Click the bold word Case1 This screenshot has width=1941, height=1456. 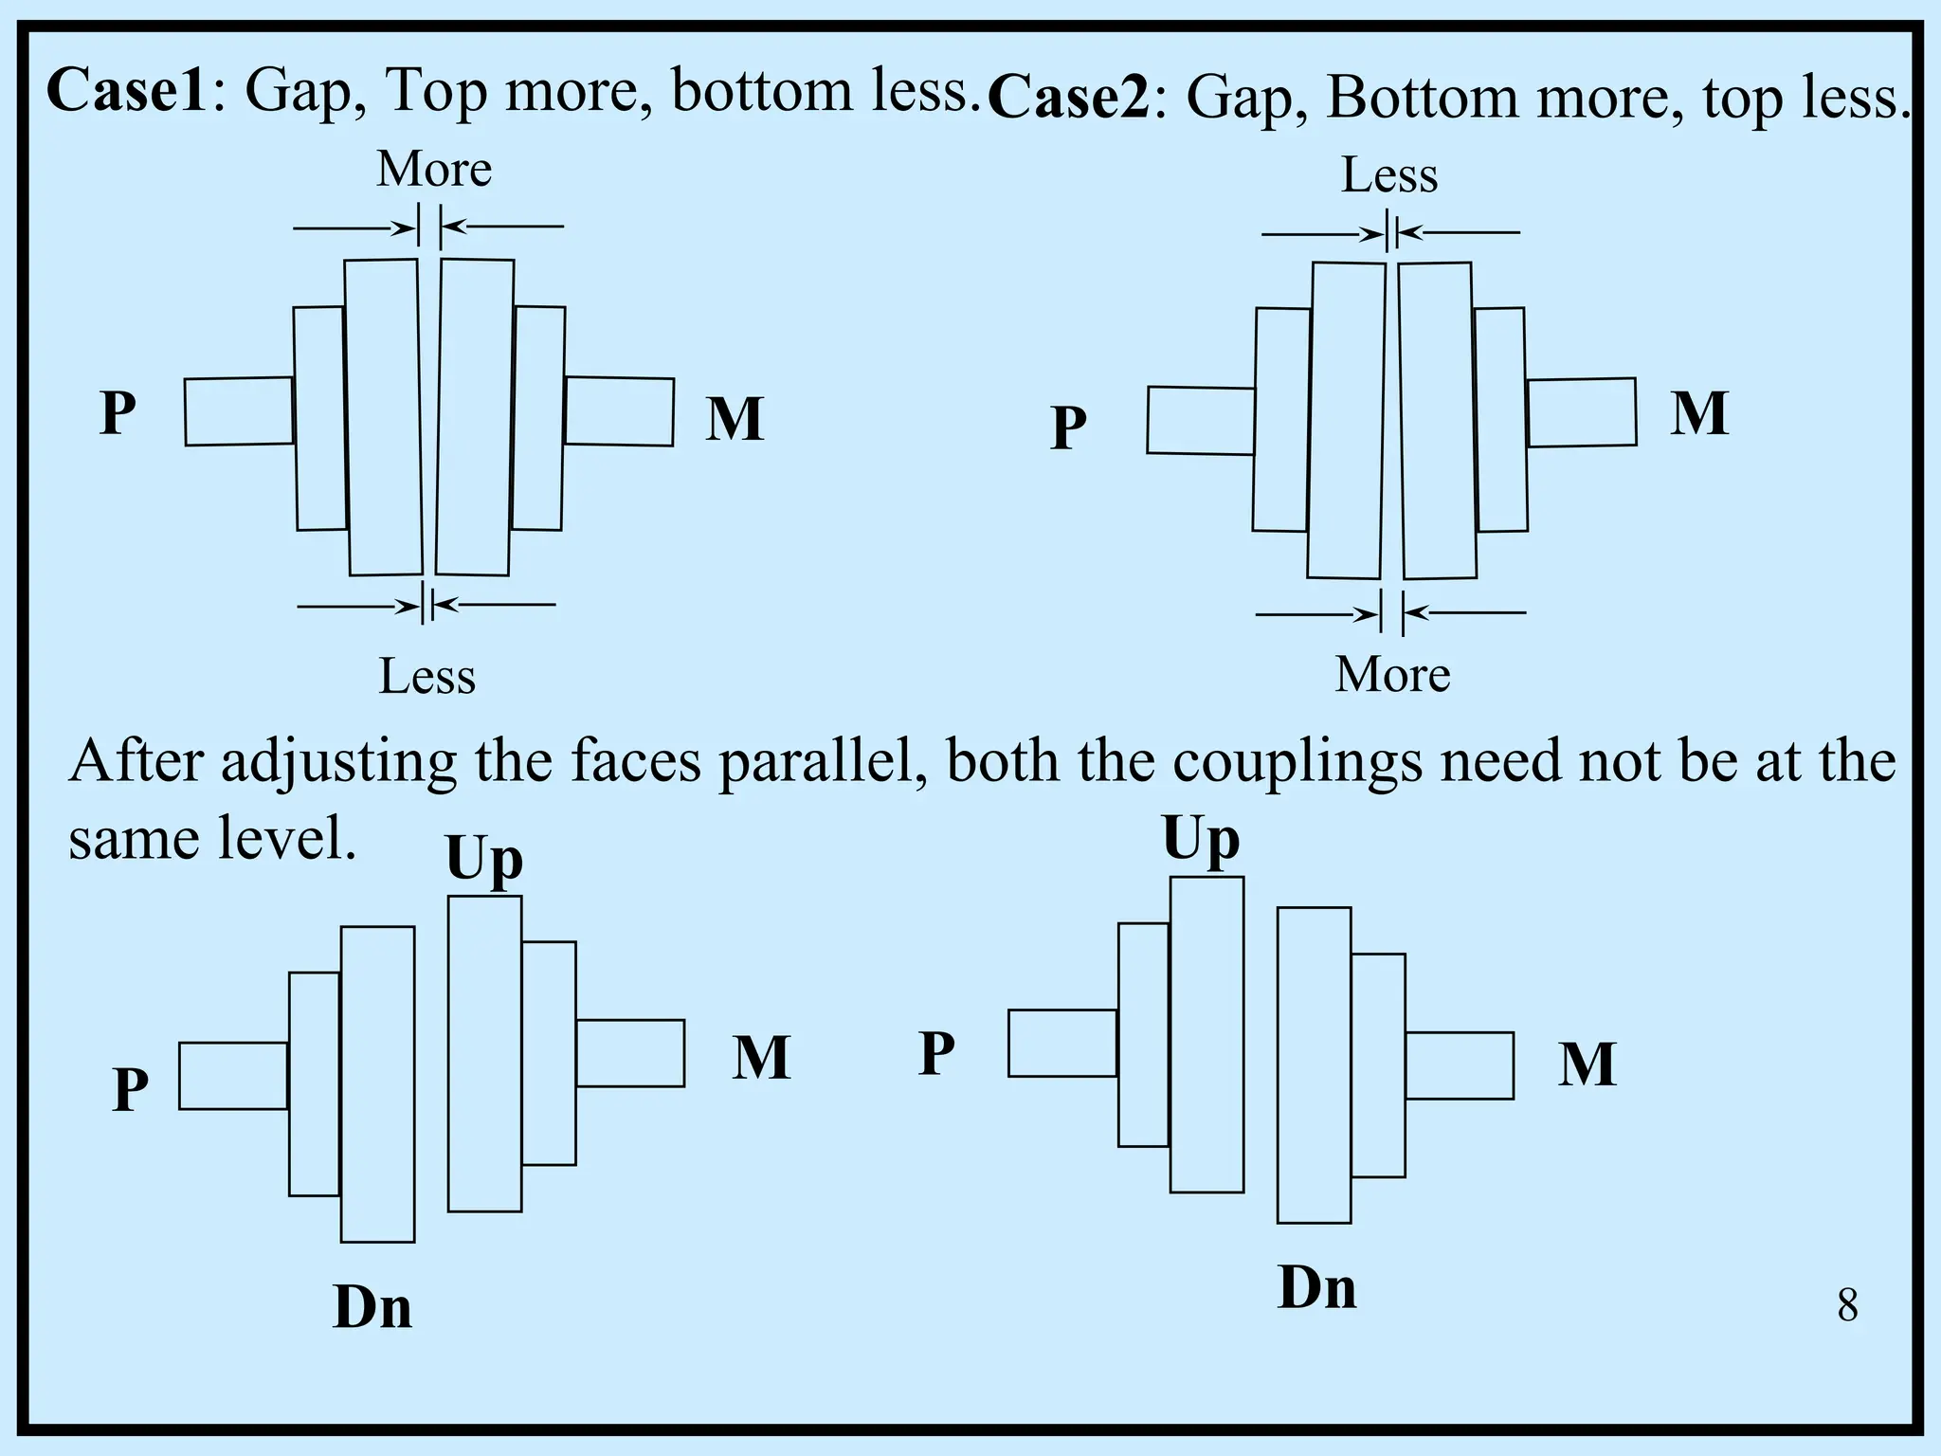pos(126,91)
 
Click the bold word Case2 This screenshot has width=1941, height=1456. pos(1068,98)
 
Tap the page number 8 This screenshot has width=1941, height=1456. pos(1847,1305)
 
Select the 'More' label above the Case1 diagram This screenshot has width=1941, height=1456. pos(434,170)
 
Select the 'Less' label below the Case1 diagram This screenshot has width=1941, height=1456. pos(426,677)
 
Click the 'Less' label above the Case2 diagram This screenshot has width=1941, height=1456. pos(1388,175)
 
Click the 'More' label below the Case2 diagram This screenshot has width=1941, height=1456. pos(1392,675)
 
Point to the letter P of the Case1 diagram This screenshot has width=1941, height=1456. pos(118,413)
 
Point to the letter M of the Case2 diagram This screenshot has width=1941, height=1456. pos(1698,413)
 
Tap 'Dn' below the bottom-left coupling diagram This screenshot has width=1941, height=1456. pos(372,1308)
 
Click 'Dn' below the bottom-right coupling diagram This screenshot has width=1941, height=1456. pos(1316,1288)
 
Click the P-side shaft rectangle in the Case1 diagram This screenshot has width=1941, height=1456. pos(239,411)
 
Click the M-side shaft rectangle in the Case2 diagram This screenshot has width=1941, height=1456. pos(1581,412)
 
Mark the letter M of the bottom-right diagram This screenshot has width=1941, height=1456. pos(1587,1065)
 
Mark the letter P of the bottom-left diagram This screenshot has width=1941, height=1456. pos(131,1089)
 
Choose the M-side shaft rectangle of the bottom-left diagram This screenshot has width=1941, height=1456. pos(630,1053)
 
